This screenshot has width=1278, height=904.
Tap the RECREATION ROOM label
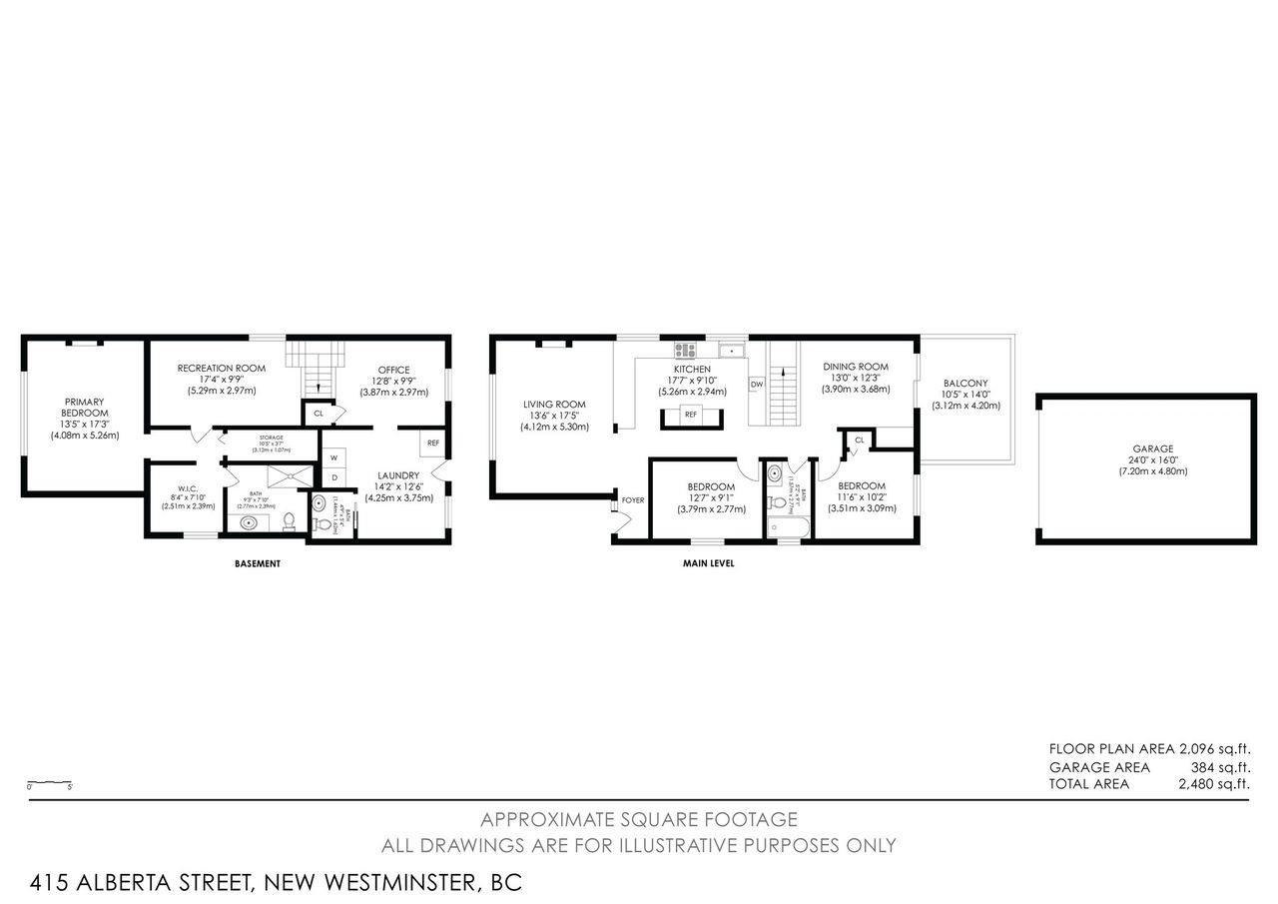point(221,369)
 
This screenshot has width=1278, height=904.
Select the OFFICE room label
point(393,370)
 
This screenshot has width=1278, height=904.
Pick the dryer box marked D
point(334,477)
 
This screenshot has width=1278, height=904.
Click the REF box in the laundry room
point(433,443)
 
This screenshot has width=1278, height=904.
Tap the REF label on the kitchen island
point(690,414)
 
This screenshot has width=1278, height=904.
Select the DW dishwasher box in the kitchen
point(757,385)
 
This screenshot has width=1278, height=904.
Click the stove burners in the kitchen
point(686,350)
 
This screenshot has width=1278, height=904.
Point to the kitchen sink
point(733,350)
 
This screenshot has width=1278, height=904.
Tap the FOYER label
point(633,499)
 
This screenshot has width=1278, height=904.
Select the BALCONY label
point(964,383)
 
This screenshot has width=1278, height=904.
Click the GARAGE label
point(1145,449)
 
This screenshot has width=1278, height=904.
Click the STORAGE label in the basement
point(272,438)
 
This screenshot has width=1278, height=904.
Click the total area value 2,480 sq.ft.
point(1214,784)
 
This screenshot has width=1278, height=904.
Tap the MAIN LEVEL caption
point(707,563)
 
